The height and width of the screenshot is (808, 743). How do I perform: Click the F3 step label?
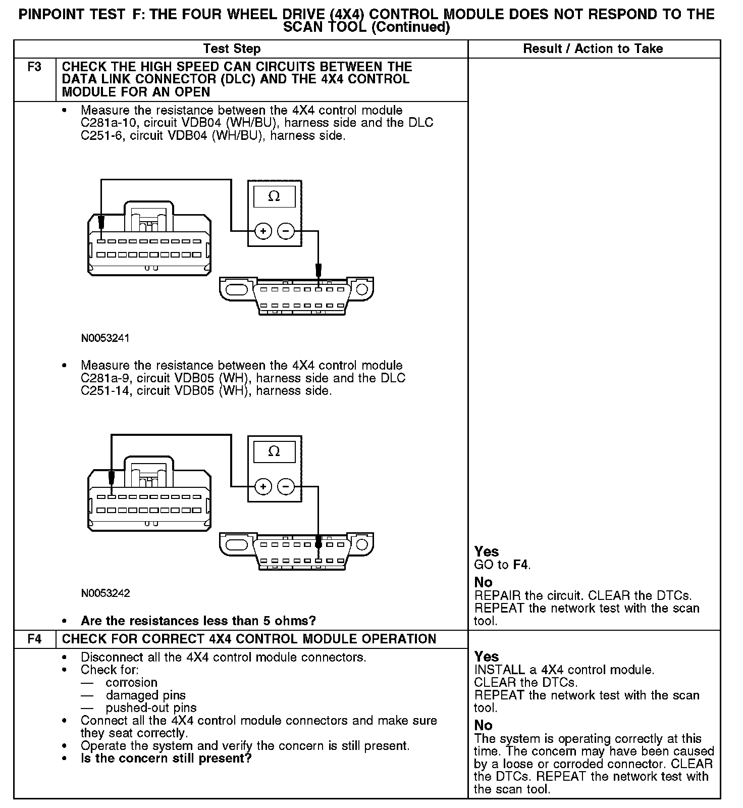tap(34, 67)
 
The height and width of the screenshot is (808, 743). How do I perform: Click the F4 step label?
tap(34, 639)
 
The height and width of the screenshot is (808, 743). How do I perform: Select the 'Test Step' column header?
tap(232, 49)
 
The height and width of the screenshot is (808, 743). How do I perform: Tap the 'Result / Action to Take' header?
tap(593, 49)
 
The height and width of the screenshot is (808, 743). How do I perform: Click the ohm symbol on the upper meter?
tap(274, 196)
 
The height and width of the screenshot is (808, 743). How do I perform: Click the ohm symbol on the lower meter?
tap(274, 451)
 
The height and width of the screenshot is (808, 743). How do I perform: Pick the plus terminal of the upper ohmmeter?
tap(262, 231)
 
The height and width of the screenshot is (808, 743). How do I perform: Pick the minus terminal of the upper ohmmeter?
tap(286, 231)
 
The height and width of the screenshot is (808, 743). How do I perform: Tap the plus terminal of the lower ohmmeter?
tap(262, 487)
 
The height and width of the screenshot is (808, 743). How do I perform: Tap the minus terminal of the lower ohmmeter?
tap(286, 487)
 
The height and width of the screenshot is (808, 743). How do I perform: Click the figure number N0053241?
tap(105, 338)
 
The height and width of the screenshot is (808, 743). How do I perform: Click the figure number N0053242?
tap(105, 593)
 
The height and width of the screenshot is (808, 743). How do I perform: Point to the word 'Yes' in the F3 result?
tap(487, 551)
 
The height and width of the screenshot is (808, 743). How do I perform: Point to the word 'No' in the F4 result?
tap(483, 725)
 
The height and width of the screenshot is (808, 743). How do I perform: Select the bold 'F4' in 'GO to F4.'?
tap(521, 565)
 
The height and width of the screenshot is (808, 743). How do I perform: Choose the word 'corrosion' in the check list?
tap(131, 683)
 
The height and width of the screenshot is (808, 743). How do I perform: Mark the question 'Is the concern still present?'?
tap(166, 759)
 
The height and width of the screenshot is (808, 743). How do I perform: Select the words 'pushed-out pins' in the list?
tap(151, 708)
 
